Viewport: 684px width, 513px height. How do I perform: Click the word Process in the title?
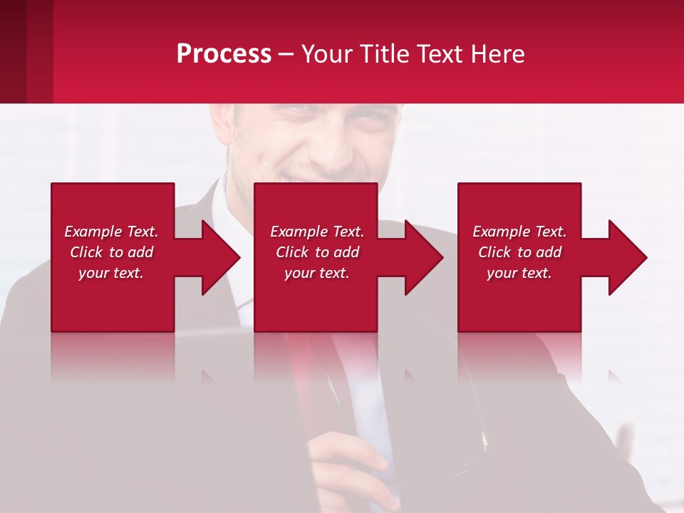224,54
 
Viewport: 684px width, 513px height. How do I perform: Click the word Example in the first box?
93,232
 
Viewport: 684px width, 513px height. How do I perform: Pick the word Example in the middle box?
299,232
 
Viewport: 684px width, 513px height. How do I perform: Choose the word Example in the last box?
502,232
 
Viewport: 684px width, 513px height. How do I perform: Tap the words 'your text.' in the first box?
111,273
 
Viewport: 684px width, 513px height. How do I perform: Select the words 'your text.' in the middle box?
317,273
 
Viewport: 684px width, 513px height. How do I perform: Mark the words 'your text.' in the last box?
519,273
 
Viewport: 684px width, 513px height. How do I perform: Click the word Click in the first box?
87,252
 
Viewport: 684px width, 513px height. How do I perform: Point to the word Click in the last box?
495,252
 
